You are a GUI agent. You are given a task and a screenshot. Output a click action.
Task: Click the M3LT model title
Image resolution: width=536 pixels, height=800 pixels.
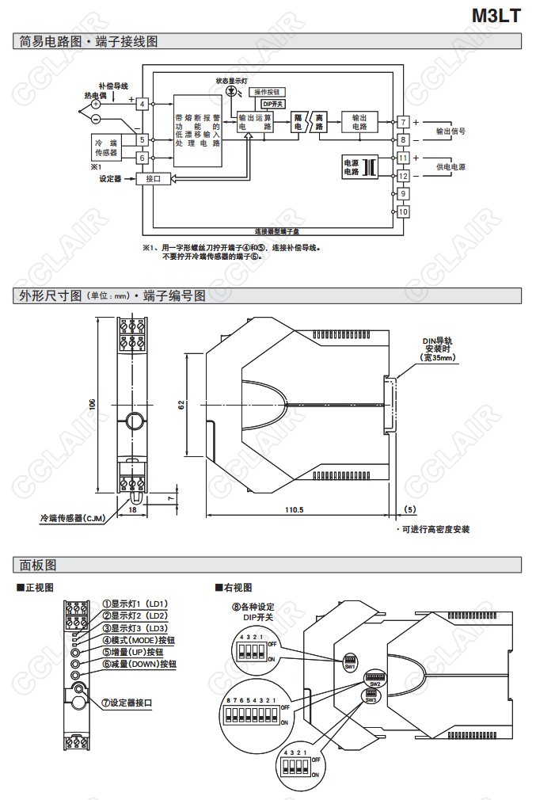point(496,15)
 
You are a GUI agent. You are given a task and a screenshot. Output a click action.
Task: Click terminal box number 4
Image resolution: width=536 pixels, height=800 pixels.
point(142,103)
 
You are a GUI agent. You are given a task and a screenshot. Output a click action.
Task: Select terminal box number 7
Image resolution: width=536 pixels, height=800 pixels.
point(402,122)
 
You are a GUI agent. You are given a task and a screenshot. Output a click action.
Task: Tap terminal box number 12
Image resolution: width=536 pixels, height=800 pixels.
point(402,176)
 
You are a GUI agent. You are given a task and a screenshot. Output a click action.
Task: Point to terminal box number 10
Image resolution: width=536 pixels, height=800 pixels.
point(402,211)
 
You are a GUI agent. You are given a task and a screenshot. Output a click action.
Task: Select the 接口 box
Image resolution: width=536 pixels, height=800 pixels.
point(152,179)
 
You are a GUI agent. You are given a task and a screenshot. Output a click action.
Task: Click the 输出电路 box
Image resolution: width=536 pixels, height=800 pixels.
point(359,122)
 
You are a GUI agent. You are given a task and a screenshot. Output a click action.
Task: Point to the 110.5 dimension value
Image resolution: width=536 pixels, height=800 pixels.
point(294,509)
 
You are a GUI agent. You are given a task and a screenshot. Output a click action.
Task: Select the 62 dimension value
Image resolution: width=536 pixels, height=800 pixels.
point(181,406)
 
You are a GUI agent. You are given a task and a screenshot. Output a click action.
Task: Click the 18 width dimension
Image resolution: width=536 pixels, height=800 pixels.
point(132,511)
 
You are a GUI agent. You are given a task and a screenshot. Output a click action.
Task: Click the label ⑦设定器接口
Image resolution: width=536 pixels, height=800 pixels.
point(131,702)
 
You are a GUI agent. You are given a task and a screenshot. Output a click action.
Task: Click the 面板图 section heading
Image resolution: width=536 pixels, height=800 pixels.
point(39,565)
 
